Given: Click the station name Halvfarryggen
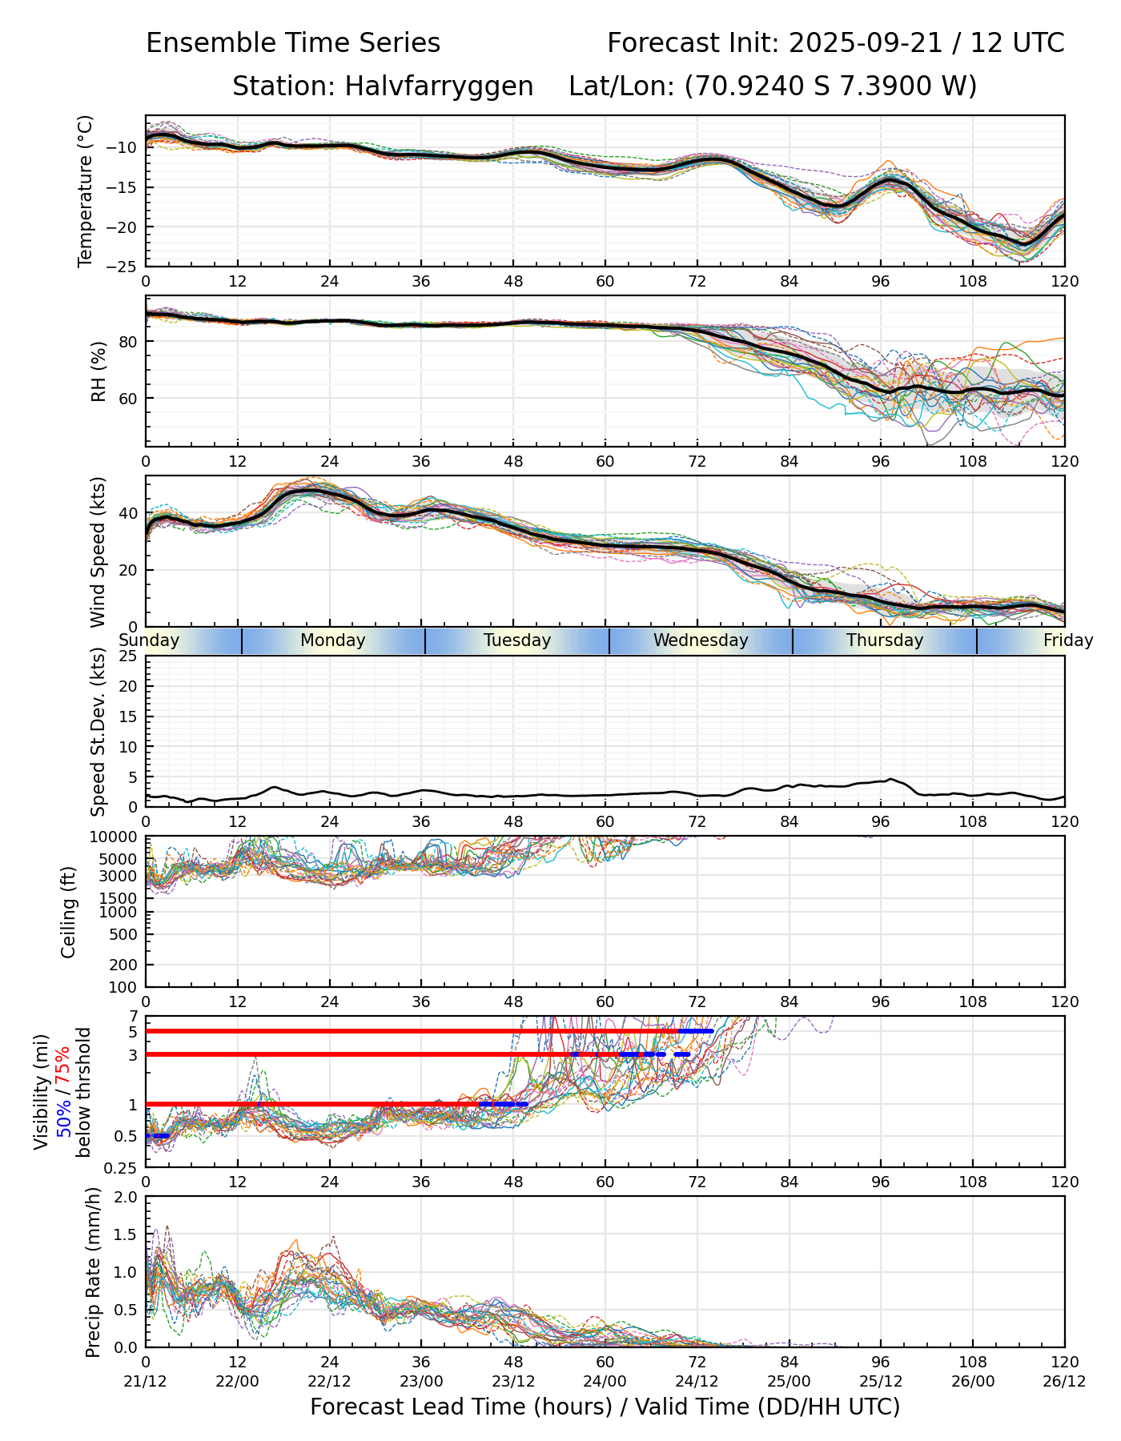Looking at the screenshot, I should (439, 86).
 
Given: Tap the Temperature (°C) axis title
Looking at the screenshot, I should (86, 191).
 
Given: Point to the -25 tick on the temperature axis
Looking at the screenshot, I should (127, 266).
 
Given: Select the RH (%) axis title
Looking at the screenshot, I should (99, 371).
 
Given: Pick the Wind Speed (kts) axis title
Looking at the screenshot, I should (98, 552).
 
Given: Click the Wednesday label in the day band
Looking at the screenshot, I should (701, 640).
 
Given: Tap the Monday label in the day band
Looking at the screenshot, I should (332, 640).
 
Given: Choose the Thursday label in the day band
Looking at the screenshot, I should (885, 640).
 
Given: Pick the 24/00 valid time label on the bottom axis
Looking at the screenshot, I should (605, 1381).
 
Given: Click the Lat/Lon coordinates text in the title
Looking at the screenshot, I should (773, 86).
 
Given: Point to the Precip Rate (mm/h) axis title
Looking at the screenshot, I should (94, 1272).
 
